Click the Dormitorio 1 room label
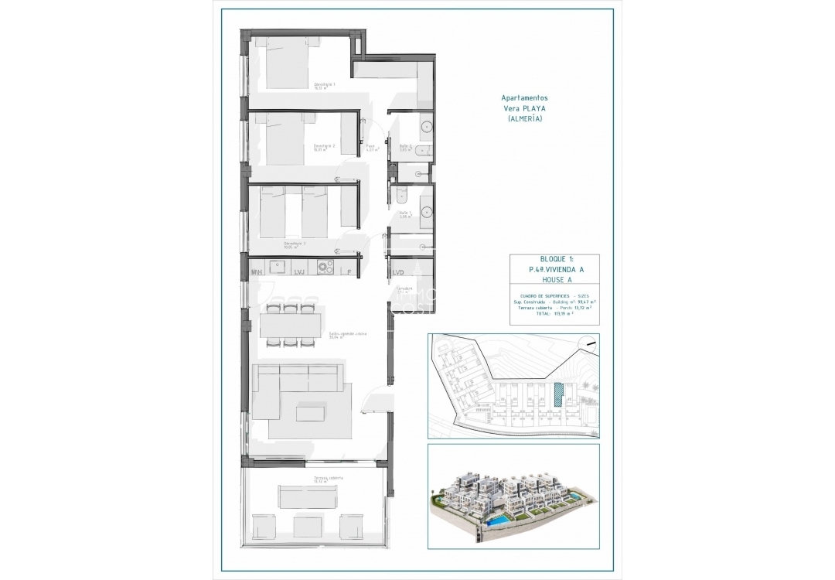tap(324, 85)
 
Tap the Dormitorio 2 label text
tap(324, 147)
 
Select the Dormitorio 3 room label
tap(295, 244)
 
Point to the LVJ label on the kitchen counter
tap(298, 272)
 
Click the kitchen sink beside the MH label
tap(277, 264)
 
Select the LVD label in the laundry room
tap(398, 272)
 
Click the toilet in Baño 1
tap(399, 193)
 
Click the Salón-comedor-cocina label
tap(325, 335)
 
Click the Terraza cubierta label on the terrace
tap(328, 479)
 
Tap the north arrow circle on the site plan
tap(591, 343)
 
